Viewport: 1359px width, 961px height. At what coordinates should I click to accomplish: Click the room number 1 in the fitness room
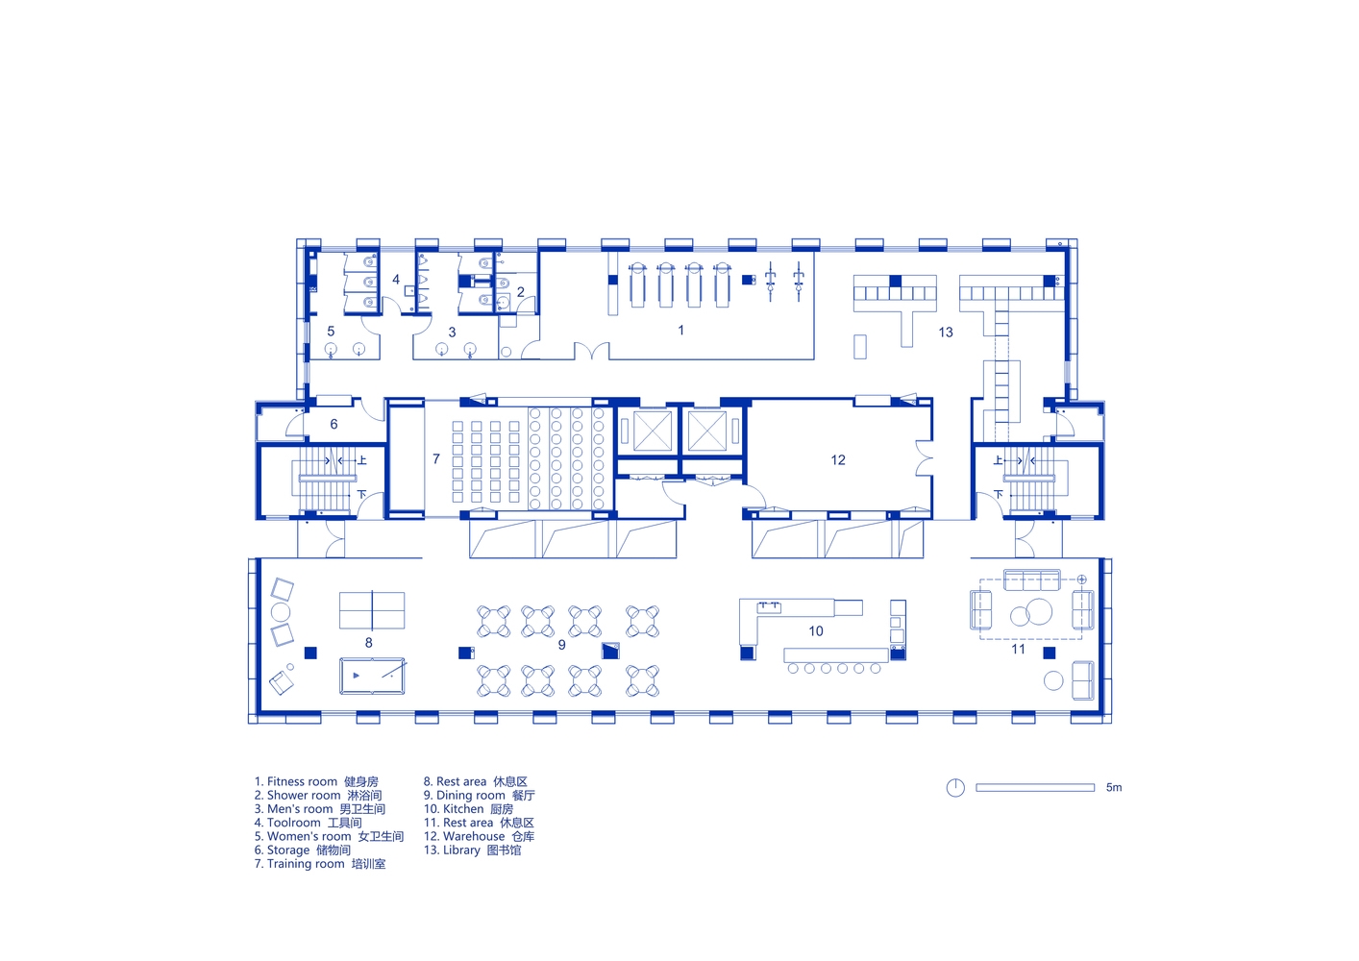coord(680,330)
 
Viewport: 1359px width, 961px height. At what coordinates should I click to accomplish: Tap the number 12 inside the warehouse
coord(838,460)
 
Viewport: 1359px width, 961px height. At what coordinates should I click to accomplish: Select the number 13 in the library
coord(945,333)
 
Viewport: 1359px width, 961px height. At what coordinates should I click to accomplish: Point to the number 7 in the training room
coord(436,459)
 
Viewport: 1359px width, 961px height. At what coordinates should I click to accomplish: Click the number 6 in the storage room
coord(334,424)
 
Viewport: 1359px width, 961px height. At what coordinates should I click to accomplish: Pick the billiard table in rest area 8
coord(372,676)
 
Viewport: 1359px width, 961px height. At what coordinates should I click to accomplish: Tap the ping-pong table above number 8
coord(372,610)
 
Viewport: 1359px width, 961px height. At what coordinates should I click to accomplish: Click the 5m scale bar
coord(1035,787)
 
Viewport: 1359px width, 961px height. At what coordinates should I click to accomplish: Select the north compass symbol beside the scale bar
coord(955,787)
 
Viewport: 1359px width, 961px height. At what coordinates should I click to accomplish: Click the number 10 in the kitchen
coord(816,631)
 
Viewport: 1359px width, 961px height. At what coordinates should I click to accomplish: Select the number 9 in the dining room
coord(562,645)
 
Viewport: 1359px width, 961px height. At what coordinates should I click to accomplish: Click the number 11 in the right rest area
coord(1018,650)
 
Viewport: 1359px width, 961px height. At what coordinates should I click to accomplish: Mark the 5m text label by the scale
coord(1114,787)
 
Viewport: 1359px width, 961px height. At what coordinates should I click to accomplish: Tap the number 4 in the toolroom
coord(396,280)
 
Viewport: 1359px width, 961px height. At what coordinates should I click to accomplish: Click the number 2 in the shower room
coord(521,292)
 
